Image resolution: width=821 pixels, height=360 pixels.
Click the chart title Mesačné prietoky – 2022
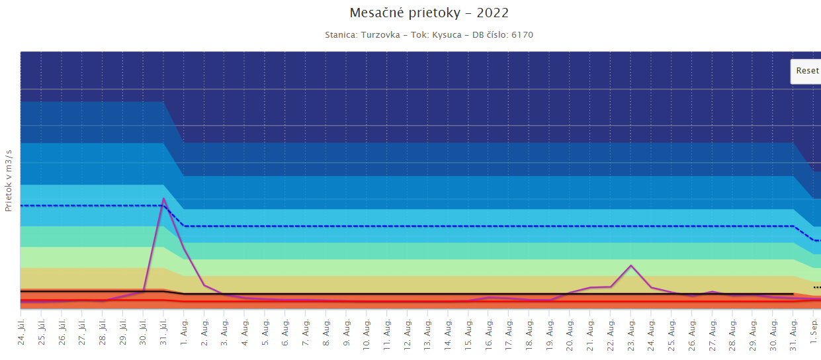point(429,13)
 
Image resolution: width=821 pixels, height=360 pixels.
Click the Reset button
point(806,71)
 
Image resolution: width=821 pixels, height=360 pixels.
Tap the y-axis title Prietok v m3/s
point(9,180)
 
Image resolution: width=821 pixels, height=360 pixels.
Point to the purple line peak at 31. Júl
point(163,199)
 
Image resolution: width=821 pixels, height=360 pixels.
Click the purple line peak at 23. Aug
point(631,265)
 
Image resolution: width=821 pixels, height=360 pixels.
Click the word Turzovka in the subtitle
point(380,34)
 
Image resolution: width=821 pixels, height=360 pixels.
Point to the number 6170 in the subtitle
point(522,34)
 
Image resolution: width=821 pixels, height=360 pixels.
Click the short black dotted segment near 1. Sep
point(816,287)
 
